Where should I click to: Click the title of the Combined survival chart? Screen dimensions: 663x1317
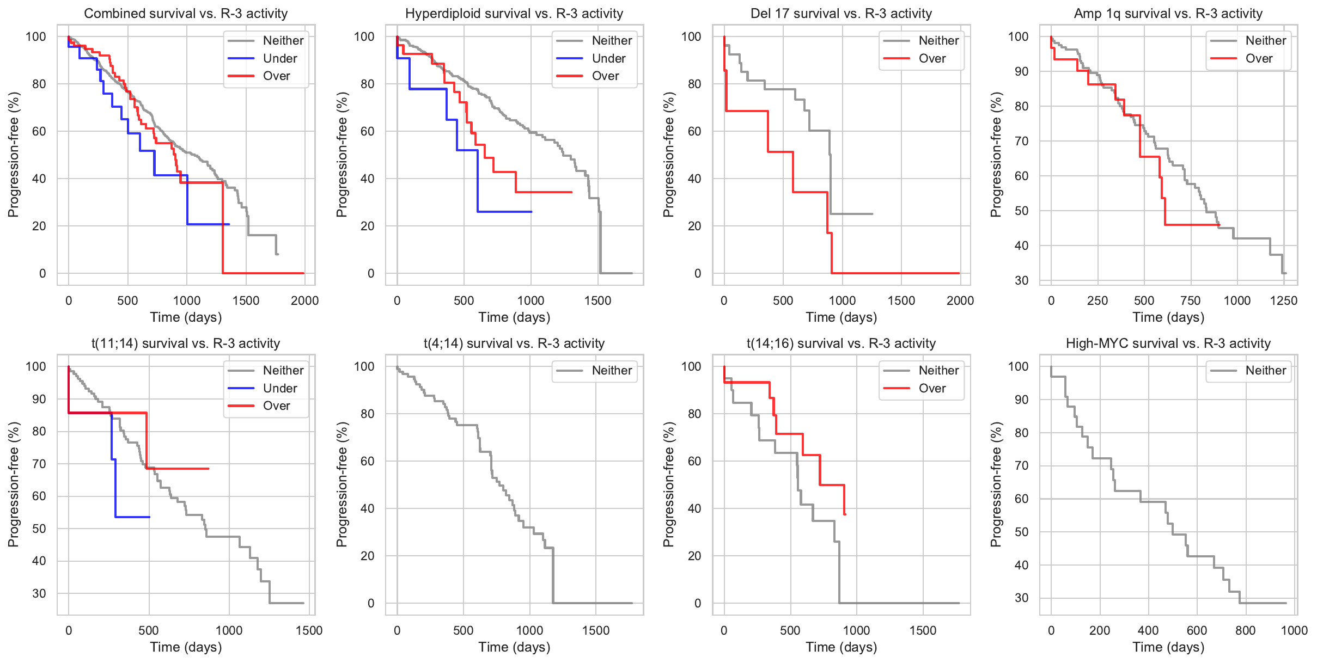coord(186,14)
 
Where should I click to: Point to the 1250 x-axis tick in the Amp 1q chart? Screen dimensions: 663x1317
coord(1284,300)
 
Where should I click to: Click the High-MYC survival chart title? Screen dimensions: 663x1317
coord(1168,343)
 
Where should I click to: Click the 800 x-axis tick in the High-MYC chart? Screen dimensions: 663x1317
coord(1245,630)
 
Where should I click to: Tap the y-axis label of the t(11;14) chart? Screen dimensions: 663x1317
coord(14,484)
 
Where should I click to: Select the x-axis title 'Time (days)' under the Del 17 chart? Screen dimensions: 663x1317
coord(842,317)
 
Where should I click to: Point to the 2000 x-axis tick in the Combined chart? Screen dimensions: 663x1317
coord(304,300)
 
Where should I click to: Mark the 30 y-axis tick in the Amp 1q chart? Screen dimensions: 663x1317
coord(1022,280)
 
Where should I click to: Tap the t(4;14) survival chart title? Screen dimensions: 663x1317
coord(514,343)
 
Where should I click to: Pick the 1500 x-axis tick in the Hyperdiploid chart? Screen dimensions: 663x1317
coord(597,300)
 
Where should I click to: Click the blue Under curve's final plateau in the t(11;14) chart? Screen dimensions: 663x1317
coord(133,517)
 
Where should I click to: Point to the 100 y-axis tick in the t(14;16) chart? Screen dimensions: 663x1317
coord(691,366)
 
